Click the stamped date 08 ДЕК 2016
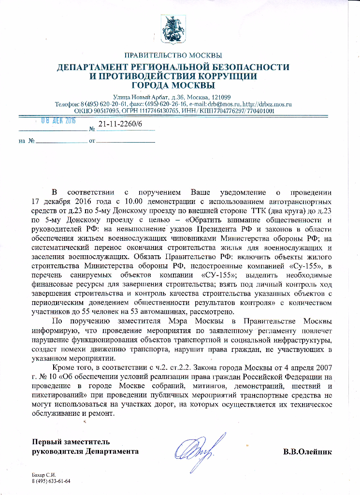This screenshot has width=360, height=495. click(x=57, y=120)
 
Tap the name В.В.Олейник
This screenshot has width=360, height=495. click(x=307, y=452)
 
